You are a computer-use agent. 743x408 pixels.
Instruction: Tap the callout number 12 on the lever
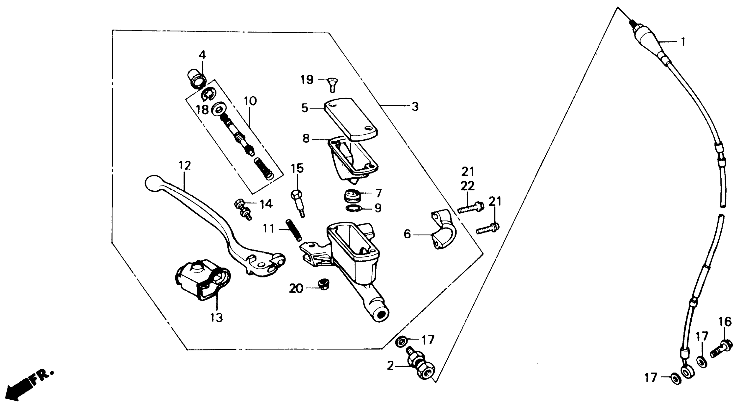pos(185,166)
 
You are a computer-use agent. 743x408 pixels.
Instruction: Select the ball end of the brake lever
pos(153,183)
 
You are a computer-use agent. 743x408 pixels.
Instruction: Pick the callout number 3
pos(415,107)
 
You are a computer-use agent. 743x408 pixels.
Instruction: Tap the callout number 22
pos(468,186)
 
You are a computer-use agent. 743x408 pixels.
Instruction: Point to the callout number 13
pos(216,318)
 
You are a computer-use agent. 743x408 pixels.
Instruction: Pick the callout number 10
pos(250,102)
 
